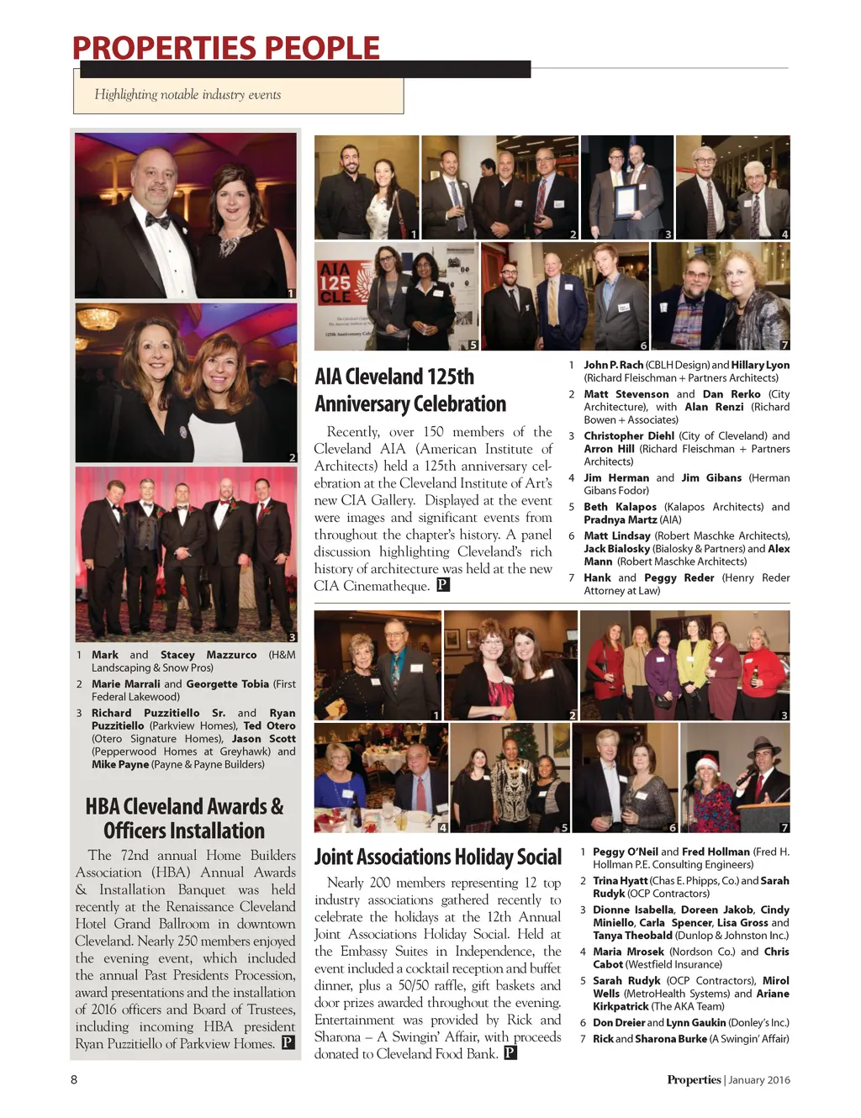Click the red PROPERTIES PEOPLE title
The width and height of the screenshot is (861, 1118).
click(x=225, y=48)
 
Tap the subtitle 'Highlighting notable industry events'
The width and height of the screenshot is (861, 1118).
click(x=188, y=95)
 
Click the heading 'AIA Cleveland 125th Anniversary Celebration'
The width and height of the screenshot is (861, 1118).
click(x=410, y=390)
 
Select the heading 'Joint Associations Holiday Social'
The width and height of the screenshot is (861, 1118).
click(x=437, y=857)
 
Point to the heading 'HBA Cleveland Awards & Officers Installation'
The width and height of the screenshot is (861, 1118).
click(x=185, y=818)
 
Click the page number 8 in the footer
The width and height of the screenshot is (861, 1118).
click(x=74, y=1079)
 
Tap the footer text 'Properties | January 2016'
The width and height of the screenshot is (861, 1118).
click(x=728, y=1079)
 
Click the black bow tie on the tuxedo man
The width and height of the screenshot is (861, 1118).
click(x=158, y=221)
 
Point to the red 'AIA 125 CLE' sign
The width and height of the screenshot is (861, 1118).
click(x=335, y=284)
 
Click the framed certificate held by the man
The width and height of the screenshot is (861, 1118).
click(x=627, y=203)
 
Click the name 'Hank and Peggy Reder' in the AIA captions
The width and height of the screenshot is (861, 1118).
click(x=648, y=577)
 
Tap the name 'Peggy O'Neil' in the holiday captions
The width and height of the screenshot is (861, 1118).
click(x=625, y=852)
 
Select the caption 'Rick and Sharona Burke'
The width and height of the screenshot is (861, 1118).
click(x=649, y=1039)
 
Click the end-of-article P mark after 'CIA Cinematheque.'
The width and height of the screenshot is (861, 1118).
click(x=443, y=585)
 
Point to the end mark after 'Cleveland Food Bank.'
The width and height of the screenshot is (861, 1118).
click(x=510, y=1053)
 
